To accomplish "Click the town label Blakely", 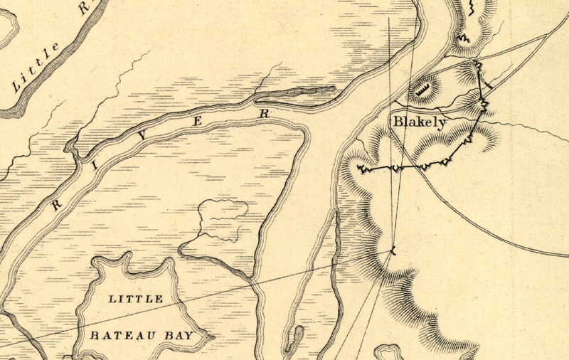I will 420,122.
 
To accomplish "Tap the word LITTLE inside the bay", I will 134,299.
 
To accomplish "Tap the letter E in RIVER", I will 198,122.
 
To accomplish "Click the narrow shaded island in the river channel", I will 299,92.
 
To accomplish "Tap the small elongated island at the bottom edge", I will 292,339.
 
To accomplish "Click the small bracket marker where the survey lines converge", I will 391,250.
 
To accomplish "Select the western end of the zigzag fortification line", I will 360,169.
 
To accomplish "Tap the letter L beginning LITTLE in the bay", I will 111,299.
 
